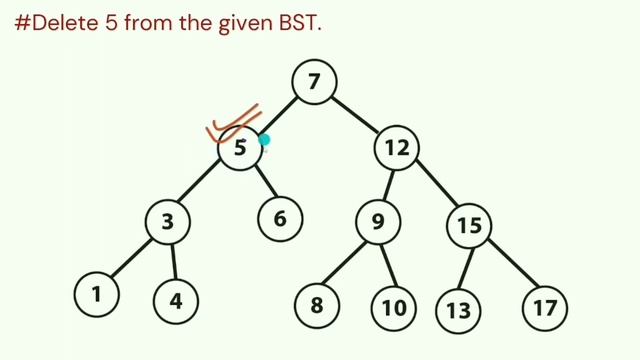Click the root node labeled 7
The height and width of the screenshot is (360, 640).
pos(314,83)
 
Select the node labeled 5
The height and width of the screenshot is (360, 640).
pos(240,150)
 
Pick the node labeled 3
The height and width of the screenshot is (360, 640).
pos(169,223)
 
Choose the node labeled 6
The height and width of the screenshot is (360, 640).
pos(281,217)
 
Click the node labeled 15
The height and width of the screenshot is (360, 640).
pos(470,226)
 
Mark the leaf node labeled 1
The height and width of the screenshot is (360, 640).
pos(97,294)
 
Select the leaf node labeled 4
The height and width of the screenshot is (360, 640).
pos(176,297)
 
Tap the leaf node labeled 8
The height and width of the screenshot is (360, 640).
pos(316,304)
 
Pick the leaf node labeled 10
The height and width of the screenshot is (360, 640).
pos(394,306)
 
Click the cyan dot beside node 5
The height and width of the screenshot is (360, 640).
pos(264,140)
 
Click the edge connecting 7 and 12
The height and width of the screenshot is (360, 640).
pos(355,115)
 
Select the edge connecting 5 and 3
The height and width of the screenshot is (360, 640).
pos(203,188)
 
